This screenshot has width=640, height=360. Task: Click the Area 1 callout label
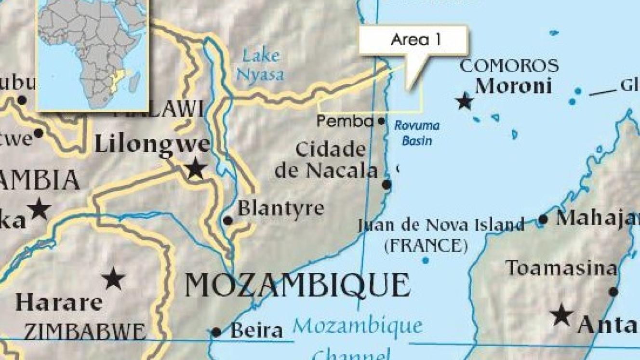click(x=415, y=40)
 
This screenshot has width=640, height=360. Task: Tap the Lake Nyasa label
click(x=261, y=65)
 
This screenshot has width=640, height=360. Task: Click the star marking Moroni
click(x=465, y=101)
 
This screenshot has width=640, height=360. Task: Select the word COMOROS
click(x=509, y=66)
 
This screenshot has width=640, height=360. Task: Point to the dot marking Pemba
click(x=381, y=121)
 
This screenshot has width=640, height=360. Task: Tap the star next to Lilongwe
click(x=196, y=169)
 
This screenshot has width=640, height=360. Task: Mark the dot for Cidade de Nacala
click(x=387, y=185)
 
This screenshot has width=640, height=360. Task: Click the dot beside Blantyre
click(x=228, y=221)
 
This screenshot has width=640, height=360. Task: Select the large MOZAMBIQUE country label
click(x=297, y=285)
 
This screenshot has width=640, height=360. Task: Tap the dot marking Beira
click(x=216, y=332)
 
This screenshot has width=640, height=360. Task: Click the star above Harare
click(x=113, y=279)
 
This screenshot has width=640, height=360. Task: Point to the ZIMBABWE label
click(x=85, y=332)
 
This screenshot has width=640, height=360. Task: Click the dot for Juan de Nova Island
click(x=425, y=261)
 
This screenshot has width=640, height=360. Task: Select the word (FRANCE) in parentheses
click(x=426, y=246)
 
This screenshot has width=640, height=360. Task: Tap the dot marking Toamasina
click(x=613, y=292)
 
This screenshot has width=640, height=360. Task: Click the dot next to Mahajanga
click(x=543, y=220)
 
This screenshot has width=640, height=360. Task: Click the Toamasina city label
click(x=561, y=268)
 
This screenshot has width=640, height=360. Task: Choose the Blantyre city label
click(x=281, y=209)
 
